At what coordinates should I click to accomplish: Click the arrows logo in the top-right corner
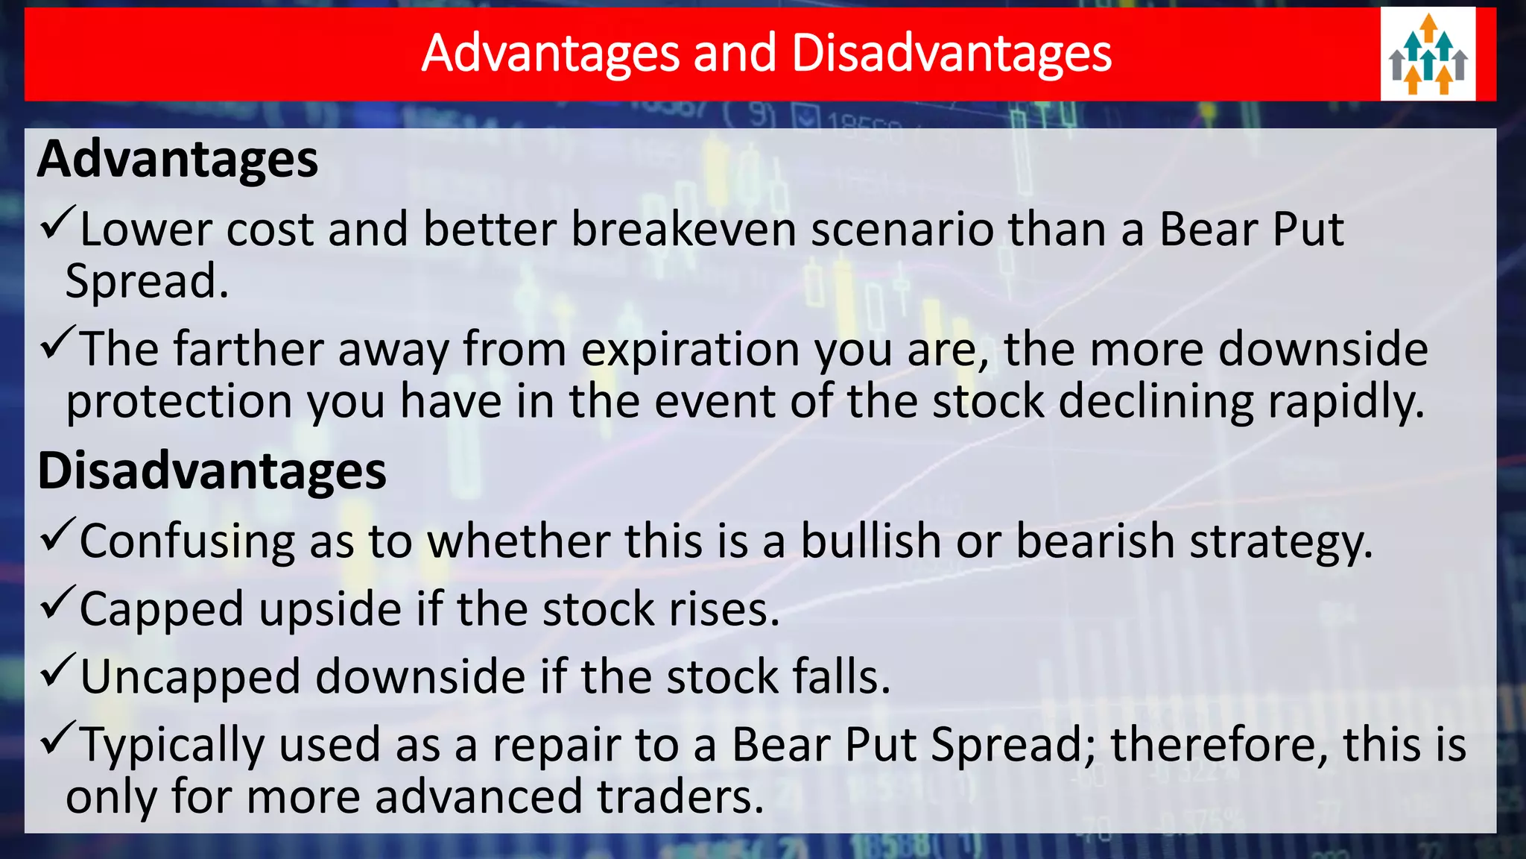1428,54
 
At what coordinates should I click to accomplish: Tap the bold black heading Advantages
178,160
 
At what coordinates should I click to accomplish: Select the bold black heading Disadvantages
212,471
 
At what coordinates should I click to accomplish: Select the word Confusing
187,542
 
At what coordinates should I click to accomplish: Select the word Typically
172,746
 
